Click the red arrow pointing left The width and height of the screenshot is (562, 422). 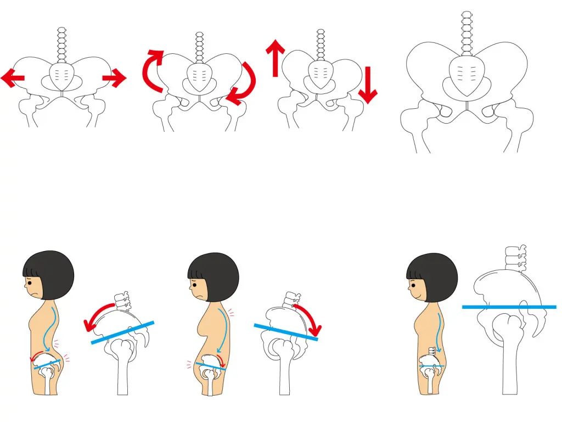click(12, 79)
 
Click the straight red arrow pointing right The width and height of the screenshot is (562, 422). click(115, 79)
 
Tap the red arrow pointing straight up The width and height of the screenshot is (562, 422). click(275, 57)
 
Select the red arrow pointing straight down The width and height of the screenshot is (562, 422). click(367, 85)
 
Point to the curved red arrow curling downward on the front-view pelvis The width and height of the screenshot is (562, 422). click(244, 86)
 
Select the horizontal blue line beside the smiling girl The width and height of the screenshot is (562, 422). click(509, 307)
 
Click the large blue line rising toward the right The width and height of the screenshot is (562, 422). click(122, 333)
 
